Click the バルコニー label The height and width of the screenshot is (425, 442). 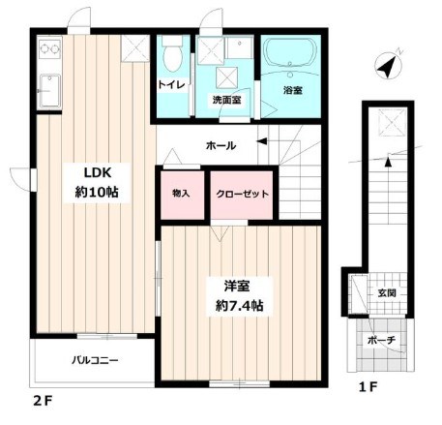click(94, 361)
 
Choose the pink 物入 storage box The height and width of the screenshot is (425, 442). click(180, 194)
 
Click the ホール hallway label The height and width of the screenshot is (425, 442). click(220, 146)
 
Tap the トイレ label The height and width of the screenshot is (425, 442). click(172, 85)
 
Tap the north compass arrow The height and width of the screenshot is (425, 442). click(389, 67)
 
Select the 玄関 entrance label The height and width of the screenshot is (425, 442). click(386, 291)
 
